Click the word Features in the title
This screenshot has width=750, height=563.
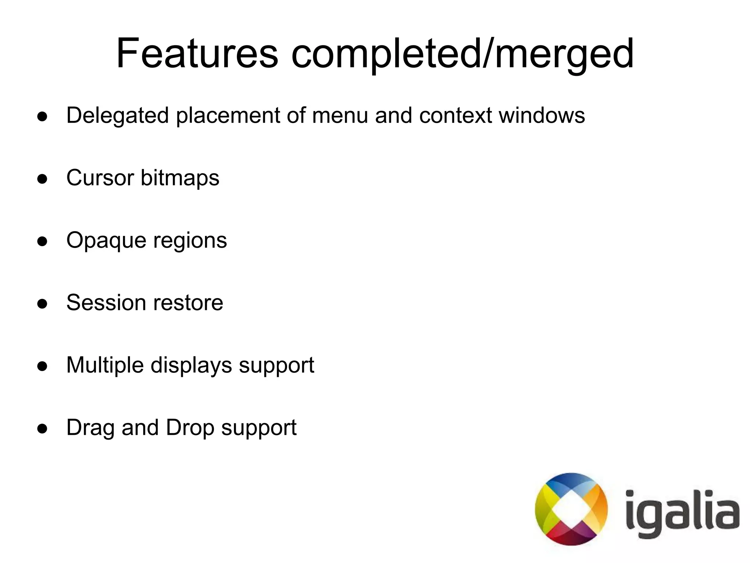click(197, 54)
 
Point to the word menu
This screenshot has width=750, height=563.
click(340, 115)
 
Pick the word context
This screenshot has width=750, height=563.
click(456, 115)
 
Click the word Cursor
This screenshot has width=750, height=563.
click(100, 178)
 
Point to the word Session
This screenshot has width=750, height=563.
click(106, 303)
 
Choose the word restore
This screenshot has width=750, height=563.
click(188, 303)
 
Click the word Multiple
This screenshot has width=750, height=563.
click(105, 366)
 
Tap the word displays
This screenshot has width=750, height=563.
click(191, 366)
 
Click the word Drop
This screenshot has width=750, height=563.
click(190, 428)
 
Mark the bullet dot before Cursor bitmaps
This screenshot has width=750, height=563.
click(42, 179)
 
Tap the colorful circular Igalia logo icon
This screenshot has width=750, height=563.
click(571, 509)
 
